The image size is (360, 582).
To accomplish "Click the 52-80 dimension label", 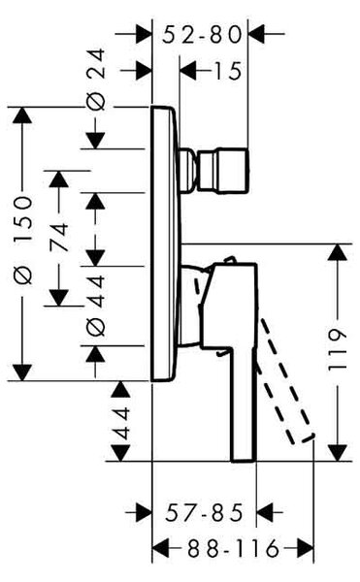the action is (x=202, y=35).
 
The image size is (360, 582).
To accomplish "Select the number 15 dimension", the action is (x=227, y=71).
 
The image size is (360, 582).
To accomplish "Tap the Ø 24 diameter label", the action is (x=96, y=80).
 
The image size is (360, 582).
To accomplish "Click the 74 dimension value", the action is (x=59, y=237).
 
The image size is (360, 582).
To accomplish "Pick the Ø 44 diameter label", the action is (x=96, y=306).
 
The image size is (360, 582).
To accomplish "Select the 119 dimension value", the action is (x=338, y=348).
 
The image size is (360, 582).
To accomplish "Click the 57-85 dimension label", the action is (x=204, y=512).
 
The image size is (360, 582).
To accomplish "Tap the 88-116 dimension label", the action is (x=233, y=549).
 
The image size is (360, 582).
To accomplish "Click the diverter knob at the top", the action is (x=214, y=171).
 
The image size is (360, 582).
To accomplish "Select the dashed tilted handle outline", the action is (x=286, y=380).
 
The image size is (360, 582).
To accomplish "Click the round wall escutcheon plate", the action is (x=165, y=243).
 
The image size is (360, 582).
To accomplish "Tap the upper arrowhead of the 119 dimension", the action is (x=338, y=252).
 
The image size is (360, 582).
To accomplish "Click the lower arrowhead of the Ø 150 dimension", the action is (x=22, y=372).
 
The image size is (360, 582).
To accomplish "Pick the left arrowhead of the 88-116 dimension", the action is (x=161, y=549).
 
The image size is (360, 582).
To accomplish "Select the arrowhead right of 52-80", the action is (x=256, y=34).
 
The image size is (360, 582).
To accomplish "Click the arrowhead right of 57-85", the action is (x=265, y=513).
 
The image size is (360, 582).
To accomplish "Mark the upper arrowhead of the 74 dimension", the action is (x=59, y=178).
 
